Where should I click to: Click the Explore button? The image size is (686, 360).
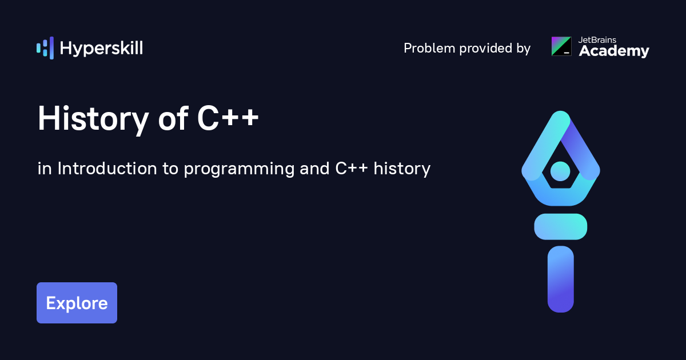point(77,303)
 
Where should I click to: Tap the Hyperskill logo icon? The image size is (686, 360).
point(45,48)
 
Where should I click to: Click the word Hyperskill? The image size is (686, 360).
point(101,49)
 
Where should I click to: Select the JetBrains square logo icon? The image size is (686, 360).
point(561,46)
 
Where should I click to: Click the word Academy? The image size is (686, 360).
point(614,51)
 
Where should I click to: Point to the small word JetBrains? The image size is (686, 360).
point(597,40)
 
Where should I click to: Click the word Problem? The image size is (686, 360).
point(429,48)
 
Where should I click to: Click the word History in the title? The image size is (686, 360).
point(93,119)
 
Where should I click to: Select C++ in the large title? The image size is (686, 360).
point(228,118)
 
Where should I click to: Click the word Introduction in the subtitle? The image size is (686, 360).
point(107,169)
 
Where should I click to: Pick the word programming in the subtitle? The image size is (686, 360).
point(239,170)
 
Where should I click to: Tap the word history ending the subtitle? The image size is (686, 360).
point(402,169)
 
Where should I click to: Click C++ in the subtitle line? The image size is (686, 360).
point(352,169)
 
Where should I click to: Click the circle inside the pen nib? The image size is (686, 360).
point(560,171)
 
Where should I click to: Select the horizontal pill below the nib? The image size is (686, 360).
point(561,226)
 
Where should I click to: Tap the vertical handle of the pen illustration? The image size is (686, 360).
point(561,279)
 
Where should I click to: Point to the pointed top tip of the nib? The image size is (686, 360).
point(561,111)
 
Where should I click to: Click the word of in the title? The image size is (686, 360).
point(173,118)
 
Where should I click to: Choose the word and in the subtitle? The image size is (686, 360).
point(314,169)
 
